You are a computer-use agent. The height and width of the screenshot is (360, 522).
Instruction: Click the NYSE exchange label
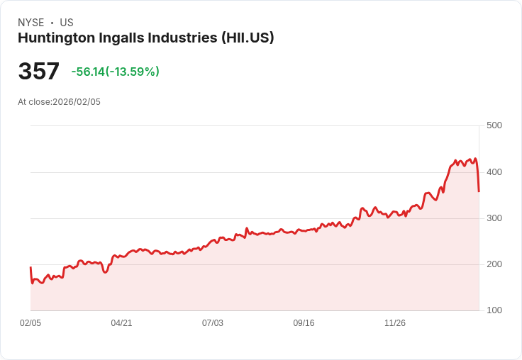coord(31,23)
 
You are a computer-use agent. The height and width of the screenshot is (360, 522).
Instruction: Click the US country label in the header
coord(67,23)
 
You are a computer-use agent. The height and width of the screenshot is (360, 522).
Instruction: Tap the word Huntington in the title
coord(55,38)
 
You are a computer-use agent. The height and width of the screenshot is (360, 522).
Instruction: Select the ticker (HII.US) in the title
coord(248,38)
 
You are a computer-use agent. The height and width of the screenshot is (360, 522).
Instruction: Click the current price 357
coord(39,72)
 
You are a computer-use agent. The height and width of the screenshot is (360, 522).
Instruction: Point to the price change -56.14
coord(88,72)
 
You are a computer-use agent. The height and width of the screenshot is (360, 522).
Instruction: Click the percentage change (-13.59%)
coord(133,72)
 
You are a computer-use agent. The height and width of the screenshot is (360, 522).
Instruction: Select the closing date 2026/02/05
coord(77,102)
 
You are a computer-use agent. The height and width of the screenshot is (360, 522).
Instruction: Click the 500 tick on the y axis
coord(494,125)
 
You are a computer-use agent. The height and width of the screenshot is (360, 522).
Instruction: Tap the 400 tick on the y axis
coord(494,172)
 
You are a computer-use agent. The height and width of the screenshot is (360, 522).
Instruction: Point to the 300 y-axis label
coord(494,218)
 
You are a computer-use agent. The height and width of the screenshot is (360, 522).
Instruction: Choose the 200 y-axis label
coord(494,264)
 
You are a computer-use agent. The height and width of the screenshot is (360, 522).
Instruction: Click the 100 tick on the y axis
coord(494,310)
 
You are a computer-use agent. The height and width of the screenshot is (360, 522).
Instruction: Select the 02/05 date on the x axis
coord(30,323)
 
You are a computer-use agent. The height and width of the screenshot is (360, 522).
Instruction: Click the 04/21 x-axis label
coord(121,323)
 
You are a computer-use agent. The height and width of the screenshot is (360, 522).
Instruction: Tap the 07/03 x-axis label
coord(213,323)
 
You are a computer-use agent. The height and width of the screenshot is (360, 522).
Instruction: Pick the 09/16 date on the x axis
coord(304,323)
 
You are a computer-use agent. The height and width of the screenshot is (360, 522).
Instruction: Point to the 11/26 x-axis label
coord(395,323)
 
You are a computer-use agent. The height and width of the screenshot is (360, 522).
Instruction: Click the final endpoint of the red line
coord(479,191)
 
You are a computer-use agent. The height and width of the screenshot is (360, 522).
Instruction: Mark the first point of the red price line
coord(30,267)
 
